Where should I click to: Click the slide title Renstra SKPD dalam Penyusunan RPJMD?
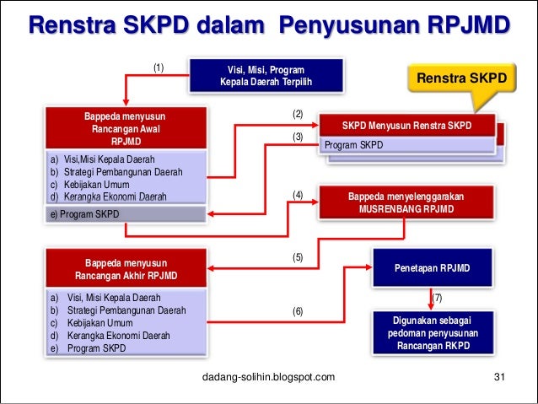269,25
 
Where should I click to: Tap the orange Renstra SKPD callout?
461,79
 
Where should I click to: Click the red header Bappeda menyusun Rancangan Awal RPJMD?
126,129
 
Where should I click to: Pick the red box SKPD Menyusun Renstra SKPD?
407,126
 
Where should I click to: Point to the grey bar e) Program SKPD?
126,214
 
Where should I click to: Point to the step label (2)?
297,113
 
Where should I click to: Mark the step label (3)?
297,137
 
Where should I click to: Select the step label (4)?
297,195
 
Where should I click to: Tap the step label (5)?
297,258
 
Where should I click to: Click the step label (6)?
297,312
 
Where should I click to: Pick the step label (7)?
436,298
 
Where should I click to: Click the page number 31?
498,376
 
